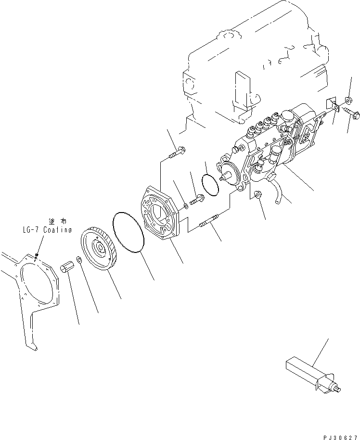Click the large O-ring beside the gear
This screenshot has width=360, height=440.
129,233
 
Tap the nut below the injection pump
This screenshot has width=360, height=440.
257,195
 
